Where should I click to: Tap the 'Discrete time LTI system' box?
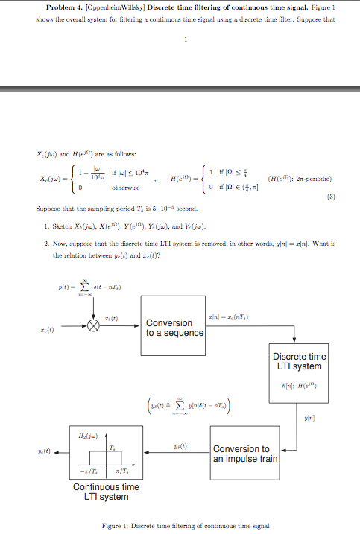(298, 362)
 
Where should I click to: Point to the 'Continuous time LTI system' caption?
(106, 492)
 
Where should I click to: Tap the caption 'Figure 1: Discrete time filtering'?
(184, 526)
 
